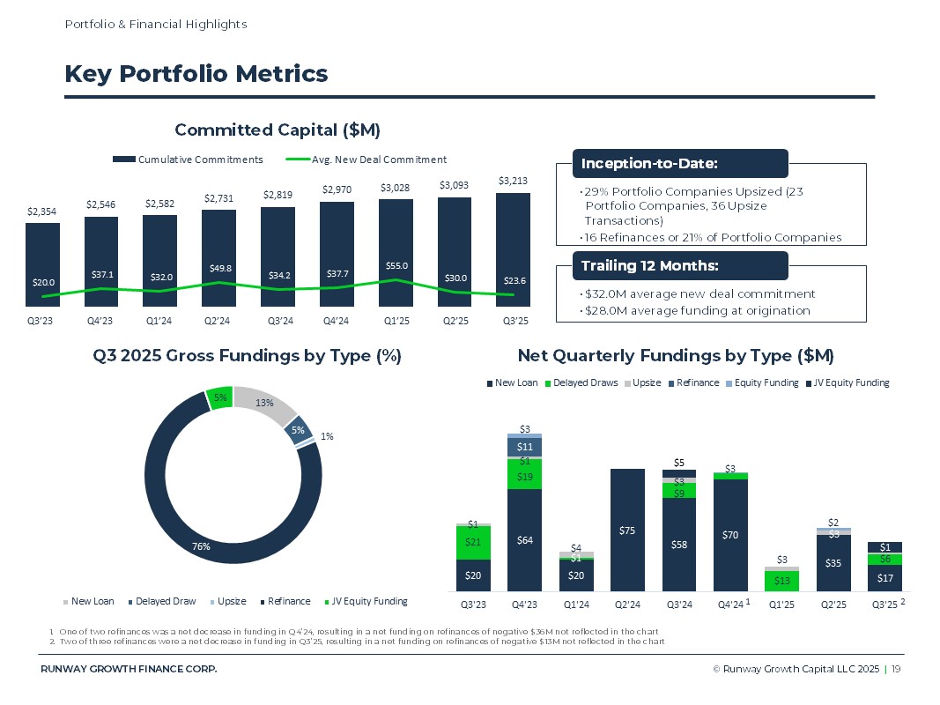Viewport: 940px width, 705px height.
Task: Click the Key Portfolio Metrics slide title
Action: [x=196, y=74]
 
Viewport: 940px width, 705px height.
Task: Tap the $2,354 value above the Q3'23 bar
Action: [x=42, y=211]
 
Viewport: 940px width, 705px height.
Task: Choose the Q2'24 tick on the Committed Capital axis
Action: [x=218, y=321]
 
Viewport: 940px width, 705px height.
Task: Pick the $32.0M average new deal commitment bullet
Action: [x=699, y=293]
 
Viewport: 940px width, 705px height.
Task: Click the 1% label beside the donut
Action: [x=328, y=436]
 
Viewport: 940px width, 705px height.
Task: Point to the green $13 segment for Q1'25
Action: [x=781, y=581]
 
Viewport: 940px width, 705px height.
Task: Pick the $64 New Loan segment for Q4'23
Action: [x=524, y=539]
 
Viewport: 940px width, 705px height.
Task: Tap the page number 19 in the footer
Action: [x=896, y=670]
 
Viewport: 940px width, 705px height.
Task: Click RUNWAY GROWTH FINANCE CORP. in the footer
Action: [x=129, y=670]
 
